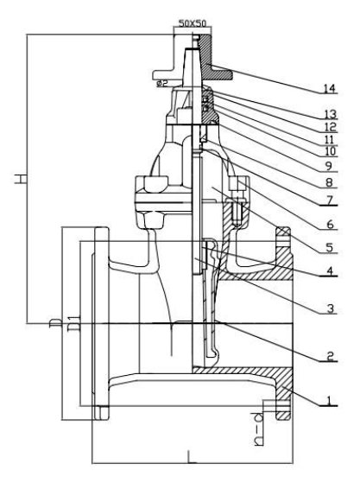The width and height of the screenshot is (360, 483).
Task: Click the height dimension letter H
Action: click(x=18, y=179)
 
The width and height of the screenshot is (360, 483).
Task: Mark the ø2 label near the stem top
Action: click(x=161, y=83)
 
